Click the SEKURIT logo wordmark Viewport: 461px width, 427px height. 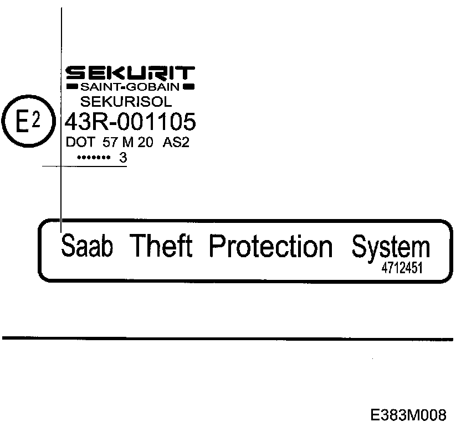pos(130,73)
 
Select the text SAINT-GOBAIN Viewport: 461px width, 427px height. pos(130,87)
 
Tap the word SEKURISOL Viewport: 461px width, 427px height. pos(127,102)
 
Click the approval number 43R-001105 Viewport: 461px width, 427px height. pos(131,121)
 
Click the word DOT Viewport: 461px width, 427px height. pos(80,142)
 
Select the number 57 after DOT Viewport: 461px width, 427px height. pos(111,142)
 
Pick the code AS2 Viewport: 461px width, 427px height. pos(176,142)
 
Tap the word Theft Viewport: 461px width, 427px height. pos(161,247)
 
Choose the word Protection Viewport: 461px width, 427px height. pos(271,247)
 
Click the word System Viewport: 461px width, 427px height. pos(391,248)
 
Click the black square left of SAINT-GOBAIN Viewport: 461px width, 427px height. pos(71,87)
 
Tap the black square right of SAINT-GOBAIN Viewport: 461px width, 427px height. pos(189,87)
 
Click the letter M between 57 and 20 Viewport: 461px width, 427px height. pos(128,142)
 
